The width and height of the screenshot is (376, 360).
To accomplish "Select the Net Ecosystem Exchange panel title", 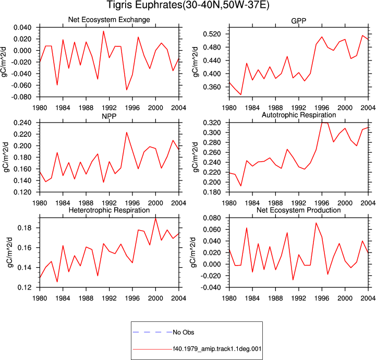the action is (109, 20).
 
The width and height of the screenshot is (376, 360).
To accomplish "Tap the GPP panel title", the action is (298, 21).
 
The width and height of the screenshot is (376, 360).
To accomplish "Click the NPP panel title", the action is (109, 116).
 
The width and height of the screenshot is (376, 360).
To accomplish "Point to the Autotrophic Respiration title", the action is (299, 115).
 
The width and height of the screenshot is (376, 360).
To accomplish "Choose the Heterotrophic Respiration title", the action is (109, 210).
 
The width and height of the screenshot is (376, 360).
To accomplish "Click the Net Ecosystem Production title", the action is (299, 210).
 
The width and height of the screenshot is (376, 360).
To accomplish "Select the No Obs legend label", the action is (184, 332).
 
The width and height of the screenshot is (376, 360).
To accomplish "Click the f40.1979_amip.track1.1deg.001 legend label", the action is (217, 349).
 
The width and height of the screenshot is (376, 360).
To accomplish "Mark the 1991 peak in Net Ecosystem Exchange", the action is (103, 31).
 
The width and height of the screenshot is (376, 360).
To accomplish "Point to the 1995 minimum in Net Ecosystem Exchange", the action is (127, 90).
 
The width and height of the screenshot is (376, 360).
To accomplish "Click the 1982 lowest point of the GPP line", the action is (241, 94).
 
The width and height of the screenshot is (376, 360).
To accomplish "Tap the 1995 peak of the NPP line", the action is (127, 133).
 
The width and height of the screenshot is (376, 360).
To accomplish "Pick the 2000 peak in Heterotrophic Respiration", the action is (155, 218).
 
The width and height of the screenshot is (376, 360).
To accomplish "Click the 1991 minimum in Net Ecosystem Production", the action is (293, 280).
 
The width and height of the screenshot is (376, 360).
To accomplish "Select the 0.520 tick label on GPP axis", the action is (212, 34).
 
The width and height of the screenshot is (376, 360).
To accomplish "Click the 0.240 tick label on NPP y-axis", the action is (22, 123).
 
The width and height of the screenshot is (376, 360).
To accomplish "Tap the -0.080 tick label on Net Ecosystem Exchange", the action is (21, 97).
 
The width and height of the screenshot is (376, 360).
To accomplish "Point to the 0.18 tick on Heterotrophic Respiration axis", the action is (25, 228).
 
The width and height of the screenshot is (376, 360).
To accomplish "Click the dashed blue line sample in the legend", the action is (152, 332).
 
